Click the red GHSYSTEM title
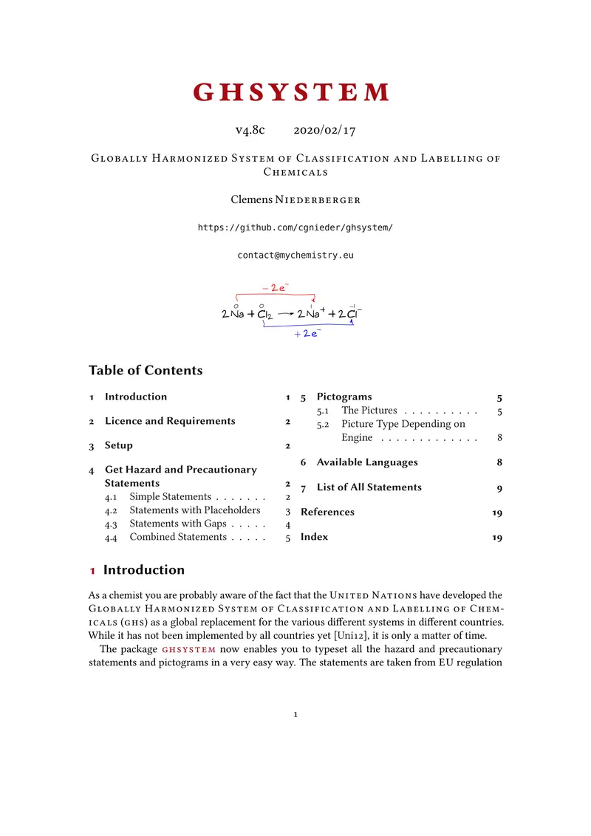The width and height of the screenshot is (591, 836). coord(291,92)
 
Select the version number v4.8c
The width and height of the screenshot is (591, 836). coord(250,130)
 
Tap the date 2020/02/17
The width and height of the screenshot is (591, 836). coord(324,130)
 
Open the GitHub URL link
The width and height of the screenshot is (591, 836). coord(295,227)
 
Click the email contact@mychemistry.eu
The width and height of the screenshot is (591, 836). coord(295,255)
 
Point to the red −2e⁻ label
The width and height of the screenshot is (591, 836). coord(275,287)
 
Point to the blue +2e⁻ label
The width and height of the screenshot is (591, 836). coord(307,334)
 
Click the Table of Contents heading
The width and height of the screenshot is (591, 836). coord(146,370)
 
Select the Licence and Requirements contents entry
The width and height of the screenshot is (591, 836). coord(170,421)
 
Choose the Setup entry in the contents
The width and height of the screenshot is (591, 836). coord(119,445)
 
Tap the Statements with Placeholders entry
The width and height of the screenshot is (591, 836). coord(194,510)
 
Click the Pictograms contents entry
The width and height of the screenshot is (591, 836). coord(344,397)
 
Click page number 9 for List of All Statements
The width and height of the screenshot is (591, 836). coord(499,488)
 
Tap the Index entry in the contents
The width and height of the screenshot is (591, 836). coord(314,537)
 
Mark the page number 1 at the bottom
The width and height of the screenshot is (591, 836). coord(295,714)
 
